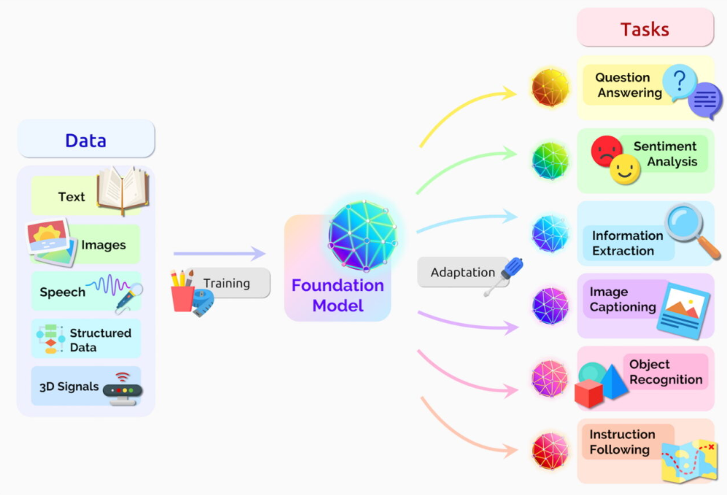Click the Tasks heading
pyautogui.click(x=645, y=29)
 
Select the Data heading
pyautogui.click(x=85, y=140)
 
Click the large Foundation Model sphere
pyautogui.click(x=362, y=235)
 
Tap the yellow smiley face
pyautogui.click(x=626, y=170)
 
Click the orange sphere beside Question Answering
pyautogui.click(x=550, y=88)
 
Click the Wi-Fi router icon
pyautogui.click(x=121, y=389)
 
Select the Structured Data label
pyautogui.click(x=100, y=340)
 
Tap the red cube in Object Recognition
pyautogui.click(x=588, y=393)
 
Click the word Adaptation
pyautogui.click(x=462, y=272)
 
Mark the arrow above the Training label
pyautogui.click(x=219, y=254)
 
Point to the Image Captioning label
pyautogui.click(x=622, y=300)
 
